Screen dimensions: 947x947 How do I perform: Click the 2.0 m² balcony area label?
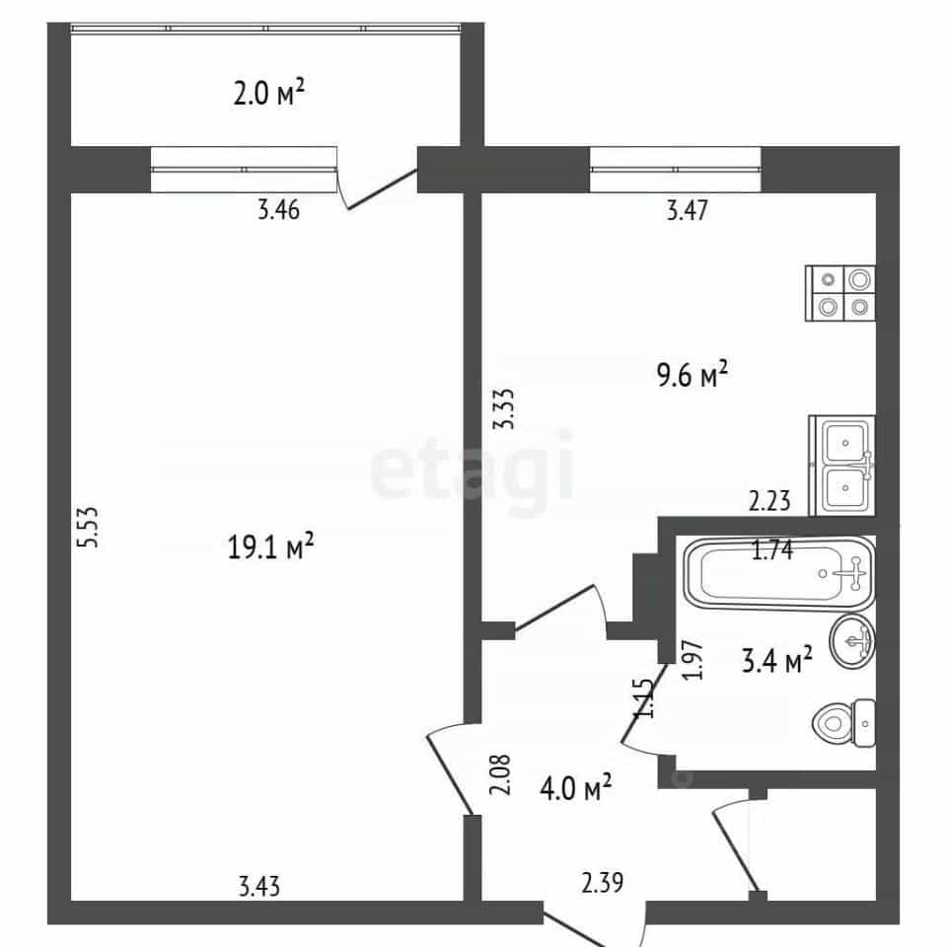(x=268, y=94)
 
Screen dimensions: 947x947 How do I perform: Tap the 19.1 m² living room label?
(x=270, y=546)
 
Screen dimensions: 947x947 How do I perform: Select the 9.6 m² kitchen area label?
(x=692, y=375)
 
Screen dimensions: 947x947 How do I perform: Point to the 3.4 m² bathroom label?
(x=776, y=660)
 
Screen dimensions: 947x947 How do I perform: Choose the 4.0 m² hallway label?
(x=575, y=787)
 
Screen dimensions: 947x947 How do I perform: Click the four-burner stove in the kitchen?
(x=840, y=294)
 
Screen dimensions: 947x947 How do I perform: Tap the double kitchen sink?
(x=842, y=465)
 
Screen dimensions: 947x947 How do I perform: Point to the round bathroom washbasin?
(x=852, y=641)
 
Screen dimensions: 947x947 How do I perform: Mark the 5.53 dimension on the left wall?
(x=88, y=527)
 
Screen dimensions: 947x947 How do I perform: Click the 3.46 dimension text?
(x=278, y=210)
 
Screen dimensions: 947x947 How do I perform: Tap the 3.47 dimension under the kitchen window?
(x=688, y=210)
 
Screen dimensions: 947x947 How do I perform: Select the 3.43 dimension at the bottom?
(x=259, y=887)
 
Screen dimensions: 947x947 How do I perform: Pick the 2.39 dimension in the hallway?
(x=603, y=882)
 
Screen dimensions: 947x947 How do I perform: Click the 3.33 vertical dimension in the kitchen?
(x=504, y=408)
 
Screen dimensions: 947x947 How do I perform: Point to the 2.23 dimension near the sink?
(x=769, y=501)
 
